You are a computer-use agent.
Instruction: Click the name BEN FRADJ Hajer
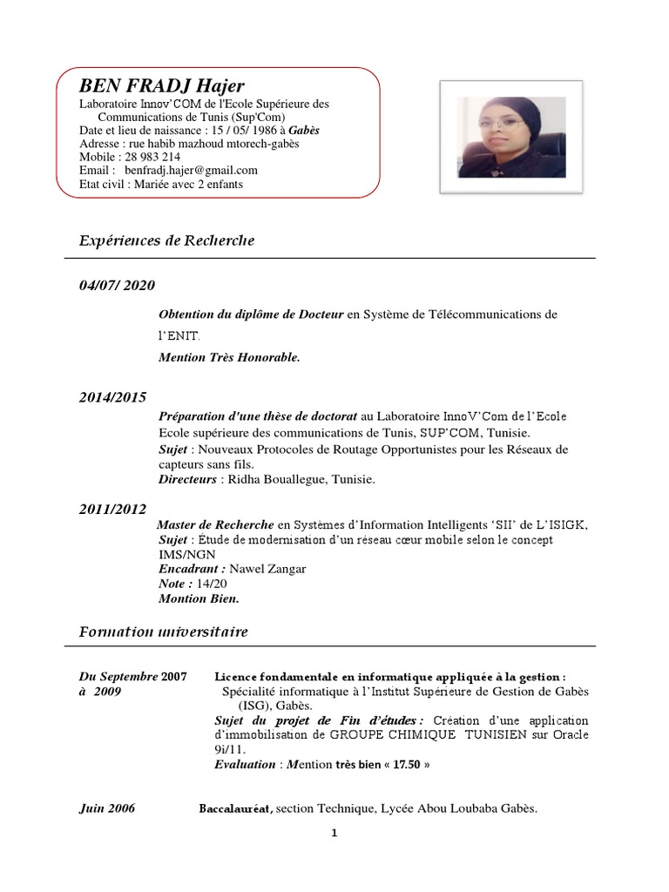(x=162, y=85)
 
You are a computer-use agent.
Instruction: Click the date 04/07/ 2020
(x=118, y=285)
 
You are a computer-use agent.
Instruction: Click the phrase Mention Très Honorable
(x=229, y=357)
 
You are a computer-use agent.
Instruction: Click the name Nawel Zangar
(x=267, y=569)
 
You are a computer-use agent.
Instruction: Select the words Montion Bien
(x=199, y=598)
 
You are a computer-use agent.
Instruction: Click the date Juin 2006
(x=107, y=808)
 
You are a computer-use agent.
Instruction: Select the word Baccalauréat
(x=236, y=808)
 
